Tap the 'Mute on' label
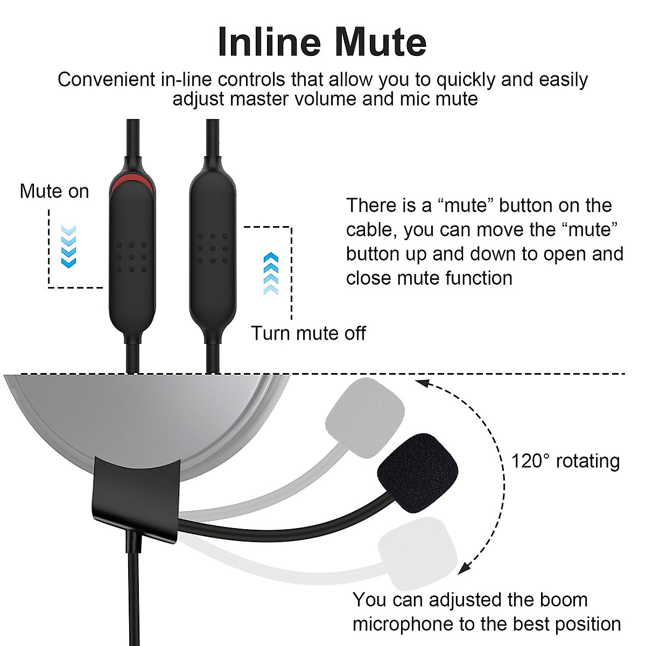coord(54,192)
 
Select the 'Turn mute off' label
coord(308,333)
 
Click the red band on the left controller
coord(132,181)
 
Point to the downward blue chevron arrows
coord(68,247)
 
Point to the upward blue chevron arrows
coord(271,273)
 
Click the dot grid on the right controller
coord(212,249)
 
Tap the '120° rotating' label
coord(565,461)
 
